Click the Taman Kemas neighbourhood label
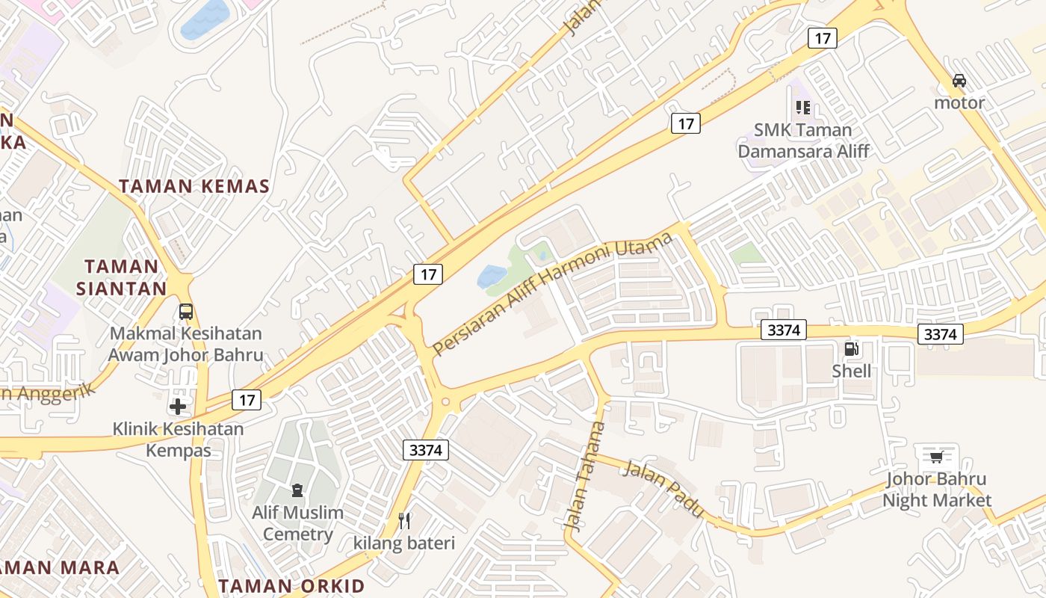pyautogui.click(x=194, y=186)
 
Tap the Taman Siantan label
pyautogui.click(x=126, y=277)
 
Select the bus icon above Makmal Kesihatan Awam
pyautogui.click(x=186, y=312)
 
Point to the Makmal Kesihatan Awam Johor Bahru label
pyautogui.click(x=186, y=344)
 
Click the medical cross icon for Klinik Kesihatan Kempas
pyautogui.click(x=178, y=407)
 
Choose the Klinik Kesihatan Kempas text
pyautogui.click(x=178, y=440)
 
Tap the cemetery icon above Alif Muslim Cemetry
pyautogui.click(x=297, y=491)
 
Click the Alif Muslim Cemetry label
pyautogui.click(x=297, y=523)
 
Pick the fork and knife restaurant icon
pyautogui.click(x=404, y=520)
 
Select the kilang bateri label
pyautogui.click(x=404, y=543)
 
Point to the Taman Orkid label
pyautogui.click(x=291, y=585)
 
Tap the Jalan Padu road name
pyautogui.click(x=663, y=490)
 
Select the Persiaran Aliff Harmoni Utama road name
pyautogui.click(x=553, y=295)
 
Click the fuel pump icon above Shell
pyautogui.click(x=851, y=349)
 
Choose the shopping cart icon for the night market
pyautogui.click(x=936, y=456)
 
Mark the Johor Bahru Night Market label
pyautogui.click(x=936, y=490)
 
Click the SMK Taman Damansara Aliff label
pyautogui.click(x=803, y=141)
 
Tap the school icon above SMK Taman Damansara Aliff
pyautogui.click(x=803, y=108)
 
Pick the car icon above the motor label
pyautogui.click(x=959, y=81)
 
